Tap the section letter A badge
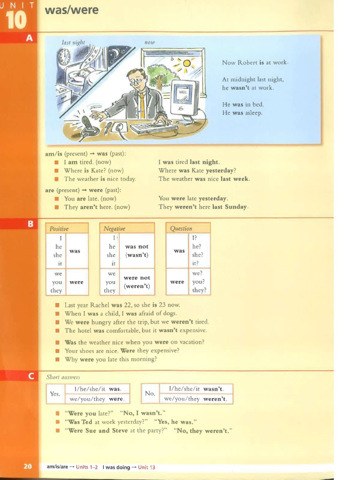pyautogui.click(x=29, y=38)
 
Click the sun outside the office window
pyautogui.click(x=187, y=64)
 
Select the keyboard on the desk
pyautogui.click(x=154, y=127)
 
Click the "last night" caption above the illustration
pyautogui.click(x=74, y=42)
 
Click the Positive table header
pyautogui.click(x=59, y=229)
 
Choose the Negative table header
pyautogui.click(x=114, y=229)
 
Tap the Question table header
pyautogui.click(x=181, y=229)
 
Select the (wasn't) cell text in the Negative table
pyautogui.click(x=136, y=255)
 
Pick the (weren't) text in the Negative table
pyautogui.click(x=137, y=286)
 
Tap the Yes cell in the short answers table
pyautogui.click(x=55, y=394)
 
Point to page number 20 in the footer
pyautogui.click(x=28, y=466)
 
